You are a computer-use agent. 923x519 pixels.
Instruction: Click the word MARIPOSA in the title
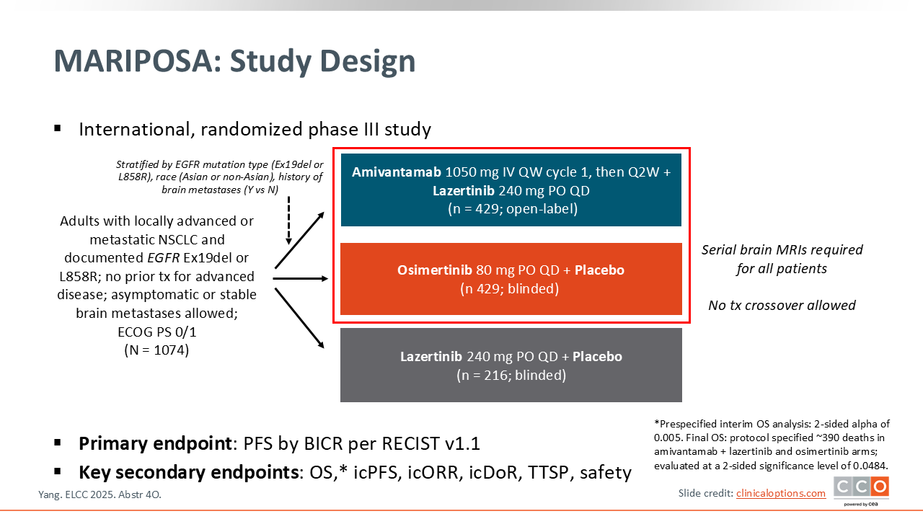pyautogui.click(x=138, y=61)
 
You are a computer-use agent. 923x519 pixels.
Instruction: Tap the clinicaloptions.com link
pyautogui.click(x=781, y=493)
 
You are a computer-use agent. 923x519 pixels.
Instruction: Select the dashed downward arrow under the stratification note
pyautogui.click(x=289, y=221)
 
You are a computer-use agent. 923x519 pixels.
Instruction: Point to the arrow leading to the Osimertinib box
pyautogui.click(x=301, y=279)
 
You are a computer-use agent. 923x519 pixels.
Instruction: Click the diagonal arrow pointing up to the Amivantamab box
pyautogui.click(x=299, y=240)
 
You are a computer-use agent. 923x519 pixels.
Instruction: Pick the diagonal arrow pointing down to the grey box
pyautogui.click(x=299, y=318)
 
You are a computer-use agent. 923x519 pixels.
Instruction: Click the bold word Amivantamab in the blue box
pyautogui.click(x=397, y=172)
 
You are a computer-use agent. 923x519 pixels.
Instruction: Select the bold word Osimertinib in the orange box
pyautogui.click(x=434, y=270)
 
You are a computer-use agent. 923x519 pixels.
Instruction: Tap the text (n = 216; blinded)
pyautogui.click(x=511, y=376)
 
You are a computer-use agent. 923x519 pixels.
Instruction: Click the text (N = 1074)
pyautogui.click(x=156, y=350)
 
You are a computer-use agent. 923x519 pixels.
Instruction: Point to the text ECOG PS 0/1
pyautogui.click(x=157, y=332)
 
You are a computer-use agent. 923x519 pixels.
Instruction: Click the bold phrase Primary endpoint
pyautogui.click(x=155, y=443)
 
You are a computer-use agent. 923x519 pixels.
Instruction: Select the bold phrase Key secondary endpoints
pyautogui.click(x=189, y=472)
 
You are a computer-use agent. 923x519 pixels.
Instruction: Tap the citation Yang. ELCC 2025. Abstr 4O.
pyautogui.click(x=100, y=494)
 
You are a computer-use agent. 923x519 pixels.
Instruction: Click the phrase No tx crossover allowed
pyautogui.click(x=782, y=305)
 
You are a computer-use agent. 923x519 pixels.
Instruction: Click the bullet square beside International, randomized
pyautogui.click(x=57, y=128)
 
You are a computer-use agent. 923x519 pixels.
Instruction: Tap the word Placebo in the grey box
pyautogui.click(x=598, y=356)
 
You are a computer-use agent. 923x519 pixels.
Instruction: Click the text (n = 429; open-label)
pyautogui.click(x=513, y=209)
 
